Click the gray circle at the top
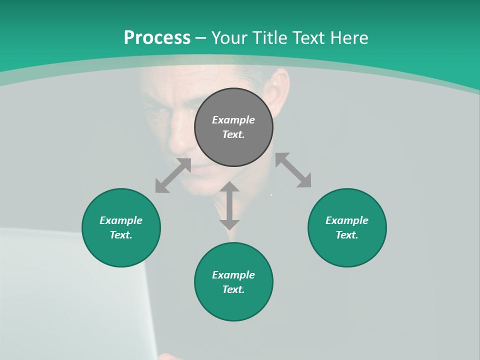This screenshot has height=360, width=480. (233, 127)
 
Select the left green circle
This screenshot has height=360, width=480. (121, 227)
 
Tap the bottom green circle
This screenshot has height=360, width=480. (233, 282)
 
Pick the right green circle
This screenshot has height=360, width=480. (347, 227)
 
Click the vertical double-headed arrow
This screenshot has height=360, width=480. (229, 205)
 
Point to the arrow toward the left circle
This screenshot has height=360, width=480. (173, 175)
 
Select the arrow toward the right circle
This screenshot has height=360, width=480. (293, 170)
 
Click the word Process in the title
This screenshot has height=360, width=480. (157, 37)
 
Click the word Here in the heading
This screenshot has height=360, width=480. (348, 37)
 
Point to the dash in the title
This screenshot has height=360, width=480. (201, 38)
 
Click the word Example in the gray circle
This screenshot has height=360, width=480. (233, 119)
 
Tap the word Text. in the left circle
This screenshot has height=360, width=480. (121, 235)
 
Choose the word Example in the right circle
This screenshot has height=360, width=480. (347, 220)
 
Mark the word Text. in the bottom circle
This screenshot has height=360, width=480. (233, 289)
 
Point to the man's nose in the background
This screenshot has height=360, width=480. (177, 140)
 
